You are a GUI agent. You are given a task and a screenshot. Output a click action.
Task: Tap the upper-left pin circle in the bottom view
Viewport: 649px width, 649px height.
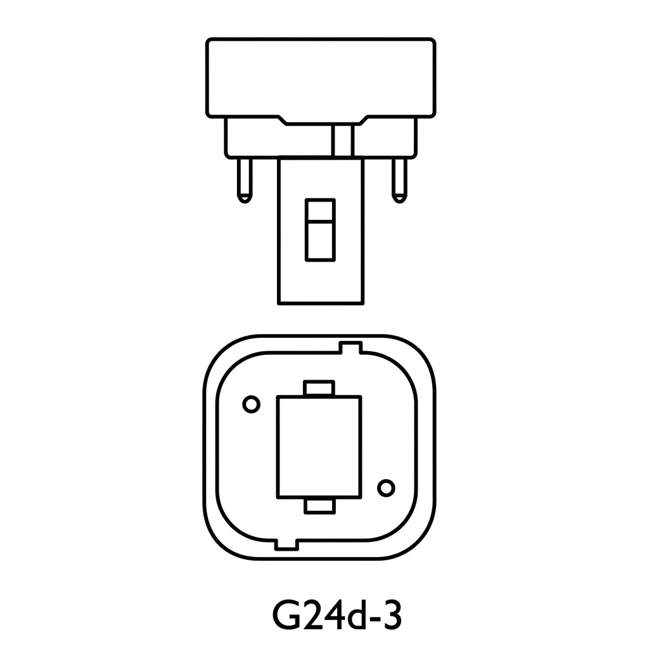(251, 404)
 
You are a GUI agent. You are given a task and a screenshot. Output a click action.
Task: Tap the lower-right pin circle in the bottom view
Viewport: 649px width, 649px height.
(385, 488)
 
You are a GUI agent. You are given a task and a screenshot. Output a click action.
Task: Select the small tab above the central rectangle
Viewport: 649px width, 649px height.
(319, 388)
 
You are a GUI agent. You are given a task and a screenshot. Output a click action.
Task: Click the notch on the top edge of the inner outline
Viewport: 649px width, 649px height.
(350, 348)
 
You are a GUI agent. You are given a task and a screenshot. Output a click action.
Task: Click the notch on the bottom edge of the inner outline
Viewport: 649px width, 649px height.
(286, 543)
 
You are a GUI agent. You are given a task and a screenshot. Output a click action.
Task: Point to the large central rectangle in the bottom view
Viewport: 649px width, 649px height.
(319, 447)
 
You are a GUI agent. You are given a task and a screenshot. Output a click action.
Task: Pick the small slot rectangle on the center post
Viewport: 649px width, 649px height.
(319, 230)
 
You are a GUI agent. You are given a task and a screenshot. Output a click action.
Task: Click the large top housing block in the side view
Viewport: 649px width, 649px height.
(320, 76)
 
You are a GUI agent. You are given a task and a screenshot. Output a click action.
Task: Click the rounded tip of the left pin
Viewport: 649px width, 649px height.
(244, 198)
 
